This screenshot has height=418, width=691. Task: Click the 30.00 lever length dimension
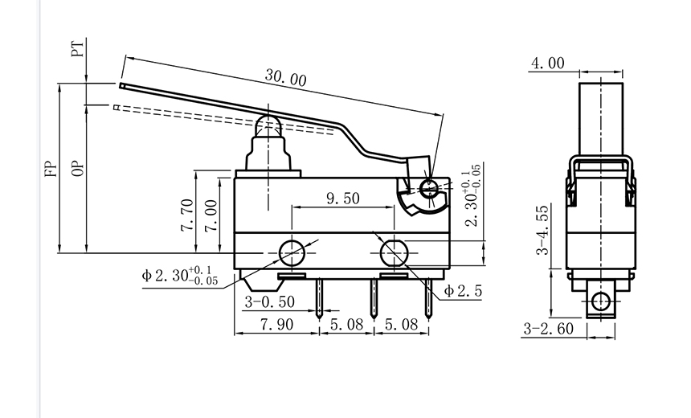(x=286, y=79)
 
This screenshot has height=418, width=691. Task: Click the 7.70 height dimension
(x=186, y=215)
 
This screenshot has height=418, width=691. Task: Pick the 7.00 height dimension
(x=210, y=215)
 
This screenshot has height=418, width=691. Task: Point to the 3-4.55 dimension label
(x=544, y=229)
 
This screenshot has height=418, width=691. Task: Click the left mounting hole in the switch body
(x=292, y=252)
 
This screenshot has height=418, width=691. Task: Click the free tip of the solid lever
(x=121, y=84)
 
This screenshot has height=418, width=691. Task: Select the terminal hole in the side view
(x=599, y=302)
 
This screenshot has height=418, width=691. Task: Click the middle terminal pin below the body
(x=373, y=297)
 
